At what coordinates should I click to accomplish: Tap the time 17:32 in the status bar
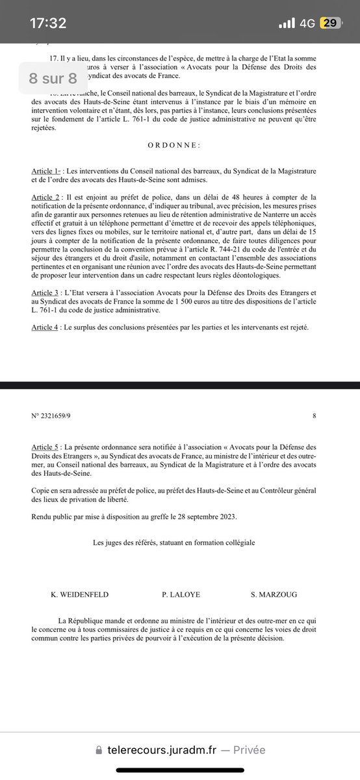tap(48, 23)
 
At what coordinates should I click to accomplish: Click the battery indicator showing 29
tap(330, 23)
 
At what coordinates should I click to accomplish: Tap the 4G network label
tap(307, 23)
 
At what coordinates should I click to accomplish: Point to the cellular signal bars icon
tap(287, 23)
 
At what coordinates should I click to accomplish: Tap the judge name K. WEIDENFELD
tap(80, 594)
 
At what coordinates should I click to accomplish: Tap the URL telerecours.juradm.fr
tap(162, 749)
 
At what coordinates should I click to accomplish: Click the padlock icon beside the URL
tap(98, 749)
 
